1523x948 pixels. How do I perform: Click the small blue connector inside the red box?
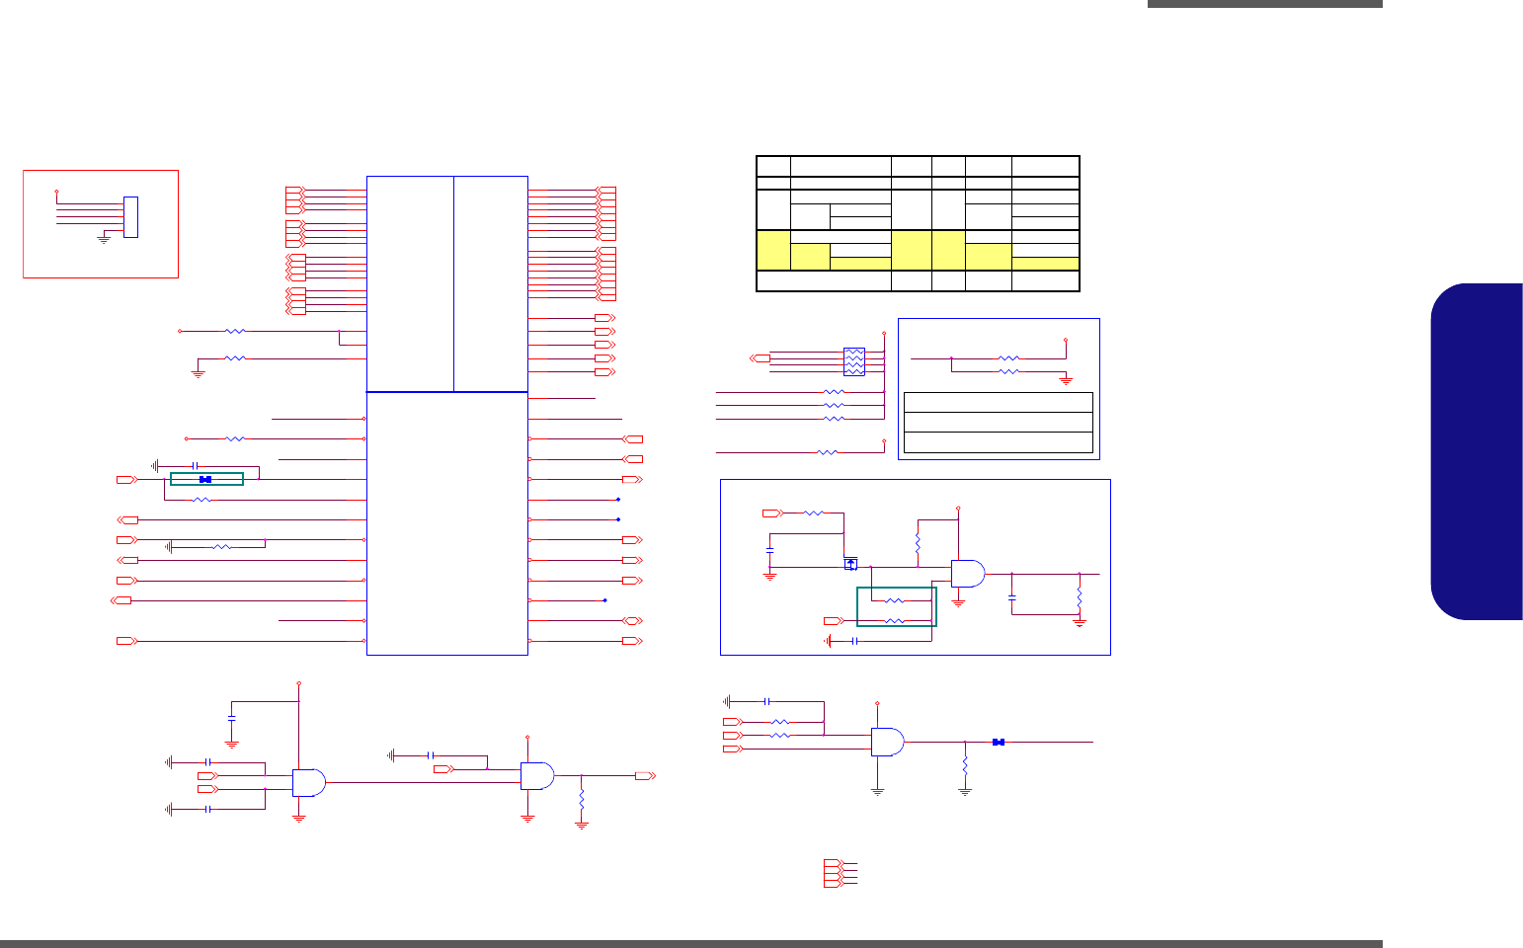[130, 217]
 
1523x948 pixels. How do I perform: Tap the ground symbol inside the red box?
[104, 239]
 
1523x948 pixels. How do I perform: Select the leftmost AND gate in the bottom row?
[309, 783]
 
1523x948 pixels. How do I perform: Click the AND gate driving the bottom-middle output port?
[537, 776]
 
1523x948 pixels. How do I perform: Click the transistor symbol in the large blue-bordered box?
[850, 564]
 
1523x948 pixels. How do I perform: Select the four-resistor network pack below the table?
[854, 361]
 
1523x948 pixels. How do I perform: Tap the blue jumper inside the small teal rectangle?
[205, 480]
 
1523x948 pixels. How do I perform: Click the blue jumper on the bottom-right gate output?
[999, 742]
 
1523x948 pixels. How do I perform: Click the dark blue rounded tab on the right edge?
[1477, 452]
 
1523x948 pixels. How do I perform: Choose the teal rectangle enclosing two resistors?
[896, 606]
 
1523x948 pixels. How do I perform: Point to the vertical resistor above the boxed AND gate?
[918, 543]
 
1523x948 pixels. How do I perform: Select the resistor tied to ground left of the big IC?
[235, 358]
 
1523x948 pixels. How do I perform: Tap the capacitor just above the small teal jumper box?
[196, 465]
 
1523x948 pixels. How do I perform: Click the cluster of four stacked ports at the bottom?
[832, 873]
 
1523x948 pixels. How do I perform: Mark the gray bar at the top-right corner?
[1264, 4]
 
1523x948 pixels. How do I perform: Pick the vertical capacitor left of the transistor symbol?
[769, 548]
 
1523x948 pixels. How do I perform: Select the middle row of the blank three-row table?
[999, 422]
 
